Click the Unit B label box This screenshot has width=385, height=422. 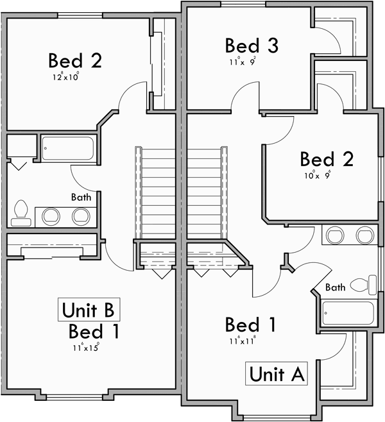[89, 310]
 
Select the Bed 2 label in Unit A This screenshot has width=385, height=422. [327, 158]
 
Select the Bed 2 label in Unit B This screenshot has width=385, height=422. [75, 61]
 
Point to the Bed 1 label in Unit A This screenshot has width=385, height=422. [251, 325]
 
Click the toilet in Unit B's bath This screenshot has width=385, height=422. [21, 213]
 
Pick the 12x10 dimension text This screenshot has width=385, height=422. [67, 77]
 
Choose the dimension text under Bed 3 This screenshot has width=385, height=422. [242, 62]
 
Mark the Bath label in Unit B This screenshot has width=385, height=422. [81, 197]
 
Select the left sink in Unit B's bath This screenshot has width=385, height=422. [50, 216]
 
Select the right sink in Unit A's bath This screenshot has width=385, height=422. [364, 235]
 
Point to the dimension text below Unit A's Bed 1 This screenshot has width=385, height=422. [241, 341]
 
